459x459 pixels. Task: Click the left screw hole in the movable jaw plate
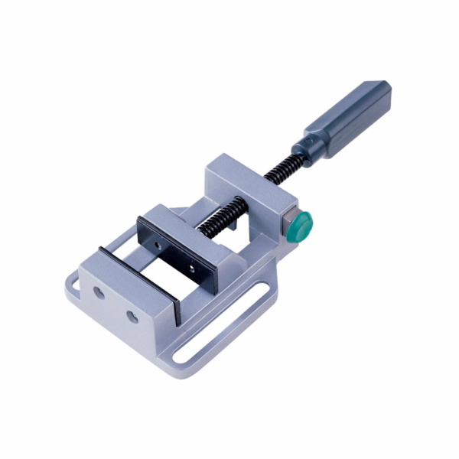click(158, 246)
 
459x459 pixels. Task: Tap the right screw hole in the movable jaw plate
click(190, 267)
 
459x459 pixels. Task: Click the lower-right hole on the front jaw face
click(132, 315)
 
